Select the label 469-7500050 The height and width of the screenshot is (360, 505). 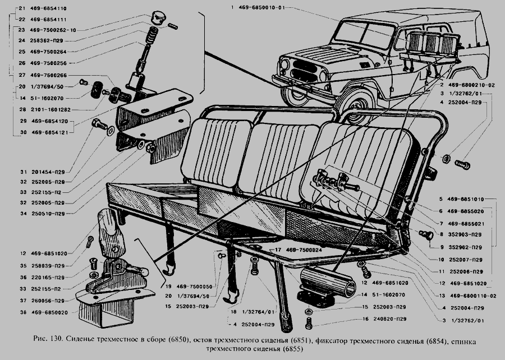click(191, 286)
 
